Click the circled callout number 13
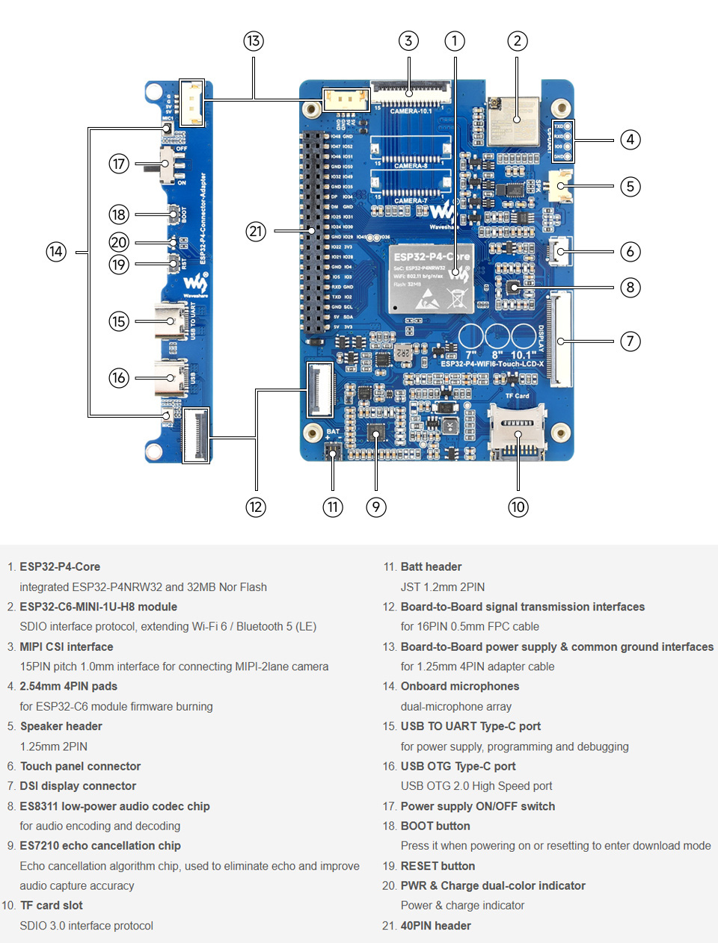coord(254,41)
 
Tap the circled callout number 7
coord(630,341)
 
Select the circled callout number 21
coord(256,231)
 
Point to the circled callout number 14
coord(56,252)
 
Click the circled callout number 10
coord(518,507)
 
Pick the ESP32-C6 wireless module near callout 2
coord(513,121)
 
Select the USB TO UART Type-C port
coord(171,322)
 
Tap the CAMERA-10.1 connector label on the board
coord(411,111)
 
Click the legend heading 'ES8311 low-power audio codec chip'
coord(114,806)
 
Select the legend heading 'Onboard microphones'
coord(459,686)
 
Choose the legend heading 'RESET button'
coord(438,865)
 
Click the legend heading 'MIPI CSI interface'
coord(67,646)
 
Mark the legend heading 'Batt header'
coord(431,566)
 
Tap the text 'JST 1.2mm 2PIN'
coord(442,587)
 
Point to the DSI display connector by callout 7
coord(559,340)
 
